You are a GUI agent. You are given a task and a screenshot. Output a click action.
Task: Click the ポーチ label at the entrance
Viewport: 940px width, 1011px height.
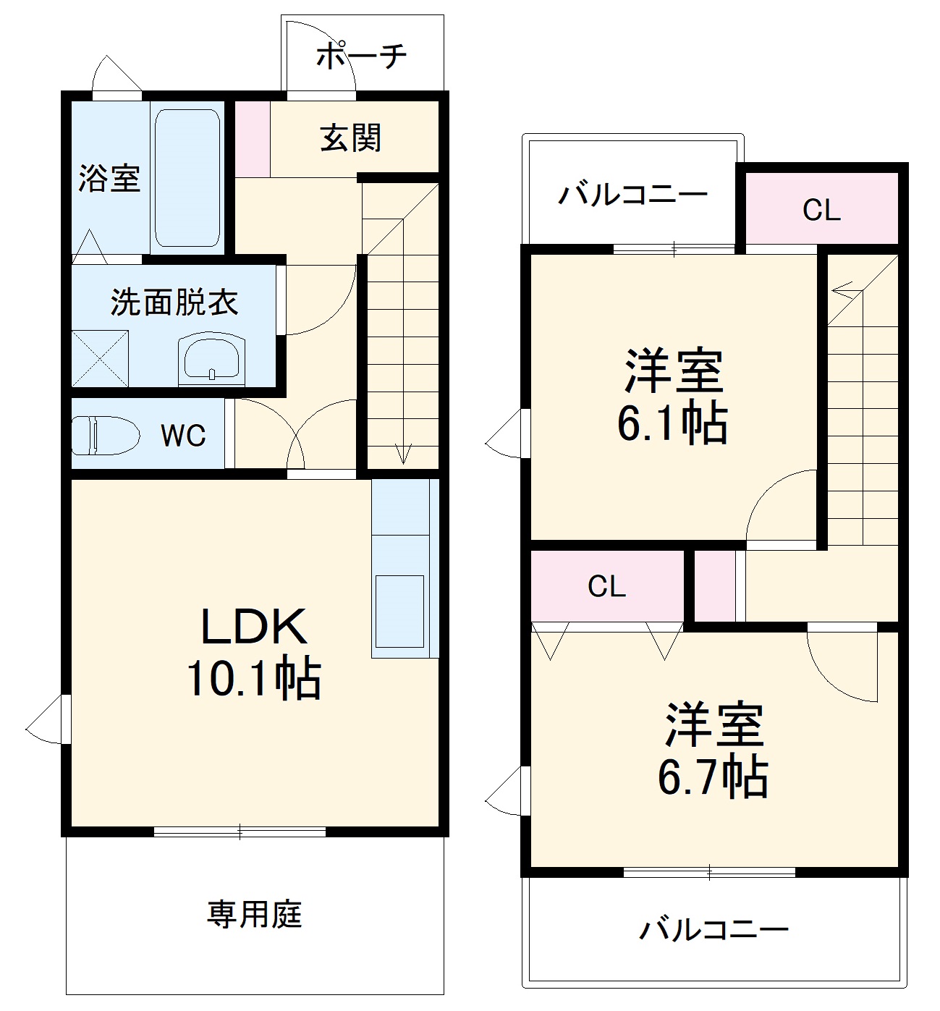tap(362, 56)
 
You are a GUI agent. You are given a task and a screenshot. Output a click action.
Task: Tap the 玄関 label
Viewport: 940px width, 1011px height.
tap(350, 138)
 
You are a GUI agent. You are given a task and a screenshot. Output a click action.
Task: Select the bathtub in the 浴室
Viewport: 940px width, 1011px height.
tap(187, 178)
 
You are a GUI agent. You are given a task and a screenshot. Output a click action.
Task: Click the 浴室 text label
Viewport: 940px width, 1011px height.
tap(109, 178)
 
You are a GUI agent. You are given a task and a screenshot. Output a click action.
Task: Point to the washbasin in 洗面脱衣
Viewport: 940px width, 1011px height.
tap(212, 358)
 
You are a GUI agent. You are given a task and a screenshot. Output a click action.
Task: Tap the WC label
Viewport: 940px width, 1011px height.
tap(183, 436)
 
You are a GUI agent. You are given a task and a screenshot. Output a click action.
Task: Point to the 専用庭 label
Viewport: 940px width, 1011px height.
tap(254, 915)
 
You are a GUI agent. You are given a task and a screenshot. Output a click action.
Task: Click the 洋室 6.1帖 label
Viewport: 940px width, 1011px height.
tap(673, 396)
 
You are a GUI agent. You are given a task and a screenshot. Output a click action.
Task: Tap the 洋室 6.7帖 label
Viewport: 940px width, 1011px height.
tap(714, 750)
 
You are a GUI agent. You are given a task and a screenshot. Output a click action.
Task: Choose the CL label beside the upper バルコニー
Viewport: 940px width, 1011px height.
tap(821, 211)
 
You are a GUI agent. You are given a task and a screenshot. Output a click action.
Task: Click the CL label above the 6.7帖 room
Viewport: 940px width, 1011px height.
tap(606, 586)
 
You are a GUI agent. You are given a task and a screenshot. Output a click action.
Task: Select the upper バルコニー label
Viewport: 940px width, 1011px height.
tap(632, 194)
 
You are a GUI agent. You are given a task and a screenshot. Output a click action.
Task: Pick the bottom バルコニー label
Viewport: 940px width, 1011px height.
tap(714, 929)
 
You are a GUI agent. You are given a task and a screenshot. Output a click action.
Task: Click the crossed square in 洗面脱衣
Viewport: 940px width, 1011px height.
tap(100, 358)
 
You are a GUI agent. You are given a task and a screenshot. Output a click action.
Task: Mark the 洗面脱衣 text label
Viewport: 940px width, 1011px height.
tap(174, 303)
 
